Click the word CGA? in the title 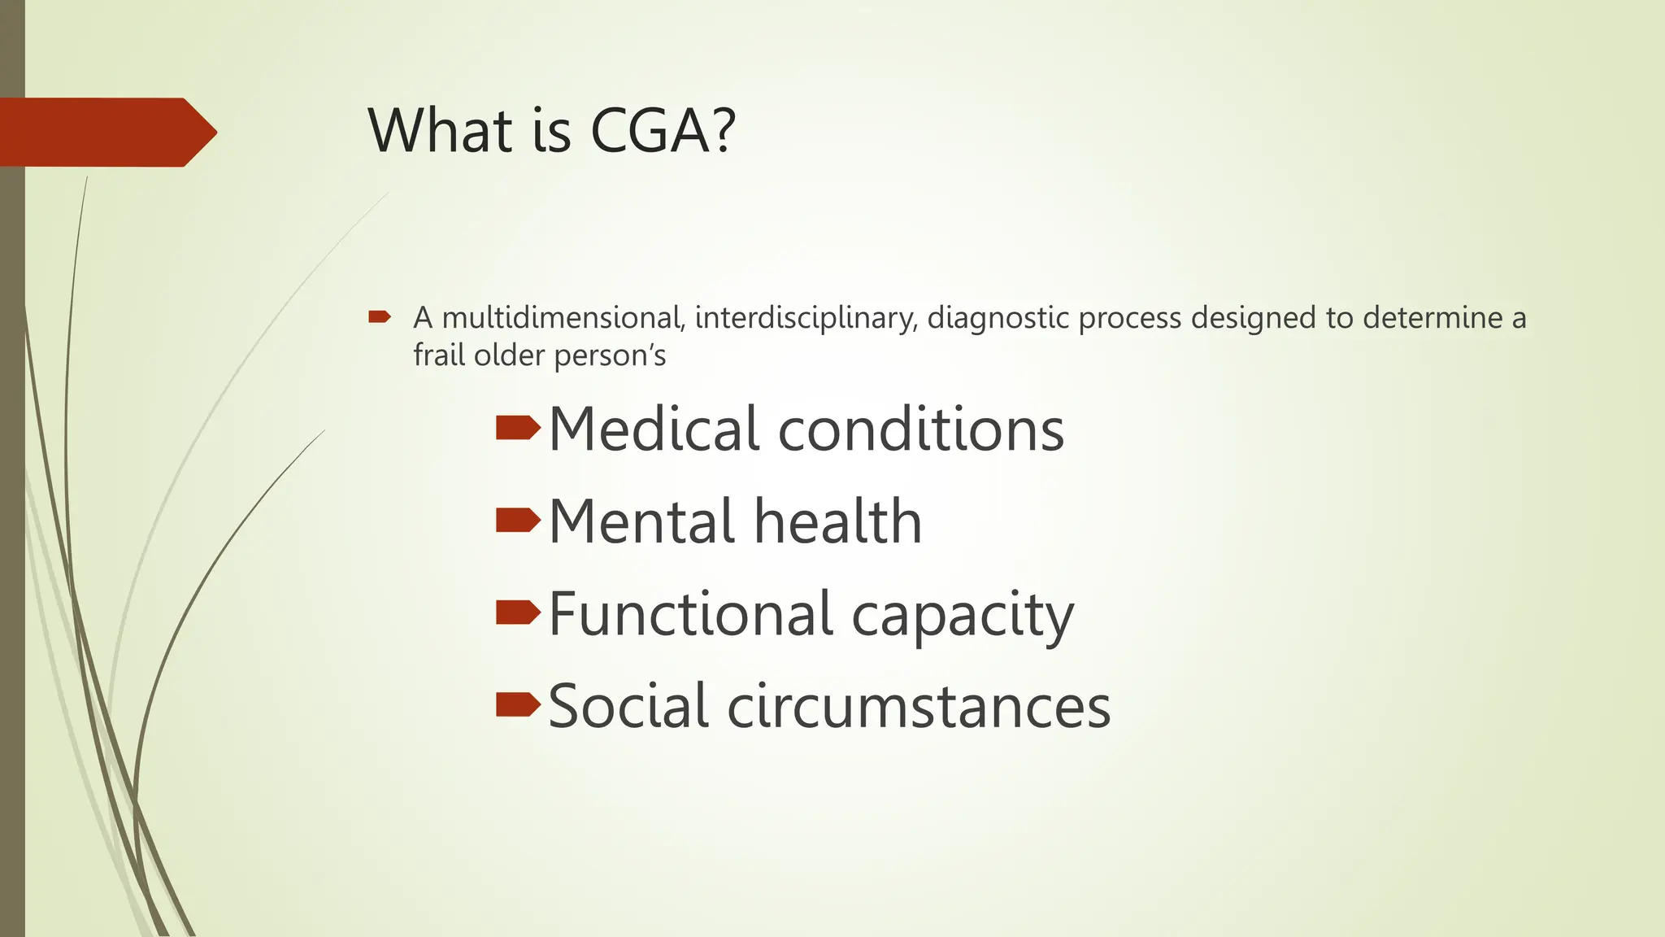tap(663, 130)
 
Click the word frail tap(439, 355)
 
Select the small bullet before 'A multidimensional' tap(380, 316)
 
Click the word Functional tap(691, 613)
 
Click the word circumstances tap(919, 706)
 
